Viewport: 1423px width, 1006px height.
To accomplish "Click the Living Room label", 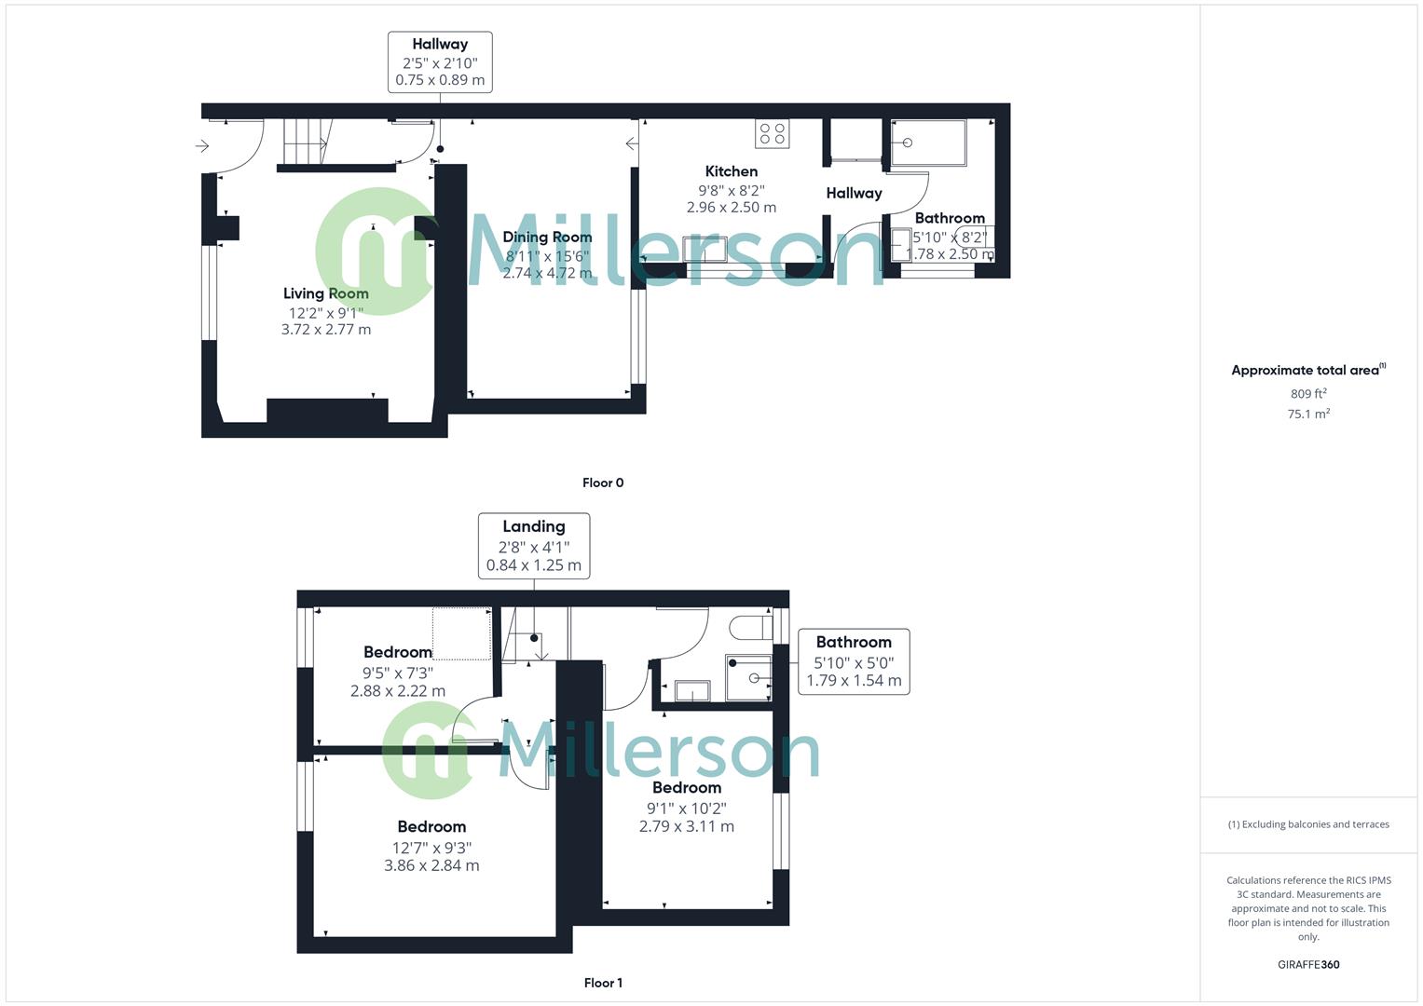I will [x=325, y=293].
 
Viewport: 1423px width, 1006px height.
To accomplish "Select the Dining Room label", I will [x=547, y=237].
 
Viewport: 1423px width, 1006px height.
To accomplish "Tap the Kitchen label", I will [x=731, y=171].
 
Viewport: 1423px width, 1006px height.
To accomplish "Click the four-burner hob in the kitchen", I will [x=773, y=134].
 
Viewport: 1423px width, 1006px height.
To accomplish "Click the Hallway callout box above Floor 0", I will [x=440, y=61].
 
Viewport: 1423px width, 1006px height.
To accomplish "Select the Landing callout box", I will [x=533, y=545].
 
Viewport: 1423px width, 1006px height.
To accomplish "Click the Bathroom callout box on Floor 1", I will [x=854, y=660].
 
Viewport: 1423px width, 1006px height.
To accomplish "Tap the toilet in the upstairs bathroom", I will [x=750, y=627].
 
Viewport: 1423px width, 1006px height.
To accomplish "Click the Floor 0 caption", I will [x=603, y=483].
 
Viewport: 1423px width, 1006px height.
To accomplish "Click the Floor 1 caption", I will [x=603, y=983].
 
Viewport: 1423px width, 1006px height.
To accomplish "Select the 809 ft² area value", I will [x=1308, y=394].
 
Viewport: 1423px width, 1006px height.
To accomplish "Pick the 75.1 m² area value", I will [x=1308, y=415].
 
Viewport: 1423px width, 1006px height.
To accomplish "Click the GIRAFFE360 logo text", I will [x=1308, y=965].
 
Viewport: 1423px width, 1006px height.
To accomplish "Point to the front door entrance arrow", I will [x=202, y=146].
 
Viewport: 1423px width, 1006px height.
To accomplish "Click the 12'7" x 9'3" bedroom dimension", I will [x=431, y=848].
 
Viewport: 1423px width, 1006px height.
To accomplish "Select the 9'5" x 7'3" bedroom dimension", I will [x=398, y=673].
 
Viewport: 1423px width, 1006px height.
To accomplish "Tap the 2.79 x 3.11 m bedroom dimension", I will [x=687, y=826].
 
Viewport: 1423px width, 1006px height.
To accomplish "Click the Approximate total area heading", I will [x=1307, y=370].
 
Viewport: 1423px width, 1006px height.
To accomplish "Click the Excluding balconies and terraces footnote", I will [x=1308, y=824].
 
